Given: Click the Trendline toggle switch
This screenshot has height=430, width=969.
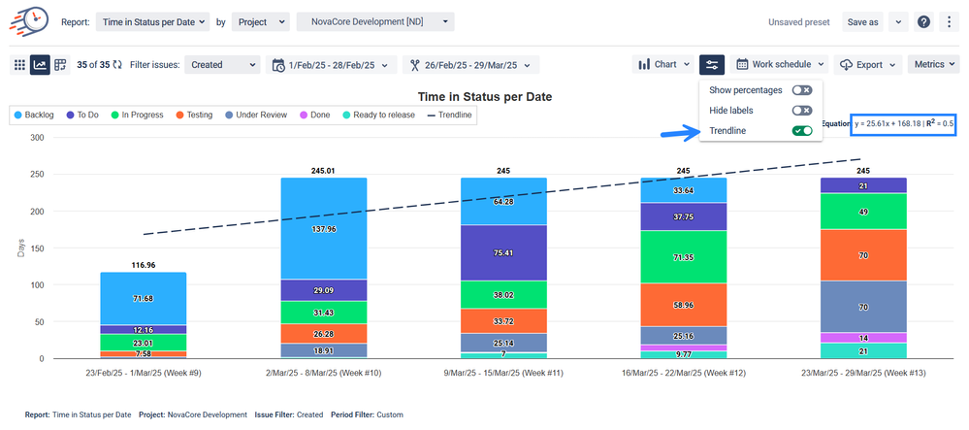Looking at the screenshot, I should (x=801, y=130).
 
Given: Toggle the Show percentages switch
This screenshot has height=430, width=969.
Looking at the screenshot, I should (x=801, y=89).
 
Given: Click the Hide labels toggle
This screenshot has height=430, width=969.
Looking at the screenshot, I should (x=801, y=111).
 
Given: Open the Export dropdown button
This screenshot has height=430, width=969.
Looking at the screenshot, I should (x=867, y=65).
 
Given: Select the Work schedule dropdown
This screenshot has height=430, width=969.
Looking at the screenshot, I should (x=780, y=65).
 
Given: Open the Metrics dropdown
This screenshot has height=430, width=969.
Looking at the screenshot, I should (x=934, y=65).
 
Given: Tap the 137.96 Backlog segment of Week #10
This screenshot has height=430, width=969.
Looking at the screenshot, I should (x=324, y=229).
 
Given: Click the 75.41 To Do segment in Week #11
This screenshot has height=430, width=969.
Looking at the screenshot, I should (x=503, y=253).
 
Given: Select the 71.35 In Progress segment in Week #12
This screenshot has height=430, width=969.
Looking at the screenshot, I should (x=683, y=257).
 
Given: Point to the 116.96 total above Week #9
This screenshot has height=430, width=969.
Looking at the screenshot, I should (x=144, y=264).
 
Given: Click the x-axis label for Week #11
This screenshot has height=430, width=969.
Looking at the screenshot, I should (x=503, y=372).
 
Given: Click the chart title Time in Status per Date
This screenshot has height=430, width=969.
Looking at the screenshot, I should (x=484, y=97).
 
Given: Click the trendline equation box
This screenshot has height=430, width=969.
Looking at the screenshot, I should (x=904, y=124).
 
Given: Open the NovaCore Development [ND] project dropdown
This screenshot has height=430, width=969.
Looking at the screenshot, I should (x=374, y=21).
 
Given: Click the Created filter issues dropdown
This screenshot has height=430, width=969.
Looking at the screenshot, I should (x=222, y=65).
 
